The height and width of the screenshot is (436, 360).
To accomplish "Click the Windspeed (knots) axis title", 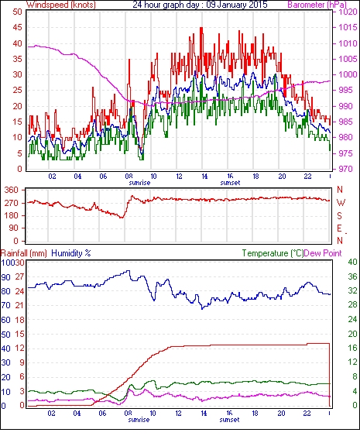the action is [61, 5].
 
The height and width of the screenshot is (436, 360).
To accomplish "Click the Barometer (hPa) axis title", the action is [317, 5].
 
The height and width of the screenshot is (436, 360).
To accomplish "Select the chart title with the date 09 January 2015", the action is [200, 5].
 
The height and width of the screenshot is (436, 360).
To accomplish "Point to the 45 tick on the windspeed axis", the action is [18, 28].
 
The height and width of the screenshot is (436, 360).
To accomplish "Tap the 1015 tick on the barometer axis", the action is [348, 28].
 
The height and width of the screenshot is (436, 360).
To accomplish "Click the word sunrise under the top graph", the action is [139, 183].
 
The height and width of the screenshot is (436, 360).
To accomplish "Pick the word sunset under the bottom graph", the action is [229, 419].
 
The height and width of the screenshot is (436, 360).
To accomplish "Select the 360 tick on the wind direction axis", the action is [12, 191].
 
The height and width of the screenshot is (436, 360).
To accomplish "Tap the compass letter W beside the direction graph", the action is [341, 203].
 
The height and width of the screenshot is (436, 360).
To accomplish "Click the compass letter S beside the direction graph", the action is [339, 216].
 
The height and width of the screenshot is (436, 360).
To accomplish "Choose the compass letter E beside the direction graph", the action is [339, 228].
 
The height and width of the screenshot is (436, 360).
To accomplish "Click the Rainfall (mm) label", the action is [24, 253].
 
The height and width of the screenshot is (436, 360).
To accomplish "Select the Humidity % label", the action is [71, 253].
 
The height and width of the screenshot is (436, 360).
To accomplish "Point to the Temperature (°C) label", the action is [273, 253].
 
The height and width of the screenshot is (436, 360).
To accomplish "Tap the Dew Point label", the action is [323, 253].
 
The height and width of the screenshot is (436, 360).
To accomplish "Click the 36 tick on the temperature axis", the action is [352, 276].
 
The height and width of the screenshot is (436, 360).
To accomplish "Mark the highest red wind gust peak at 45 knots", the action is [201, 28].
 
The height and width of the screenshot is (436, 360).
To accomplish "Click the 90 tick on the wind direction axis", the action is [13, 228].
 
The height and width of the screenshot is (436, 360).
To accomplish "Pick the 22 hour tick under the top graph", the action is [307, 177].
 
